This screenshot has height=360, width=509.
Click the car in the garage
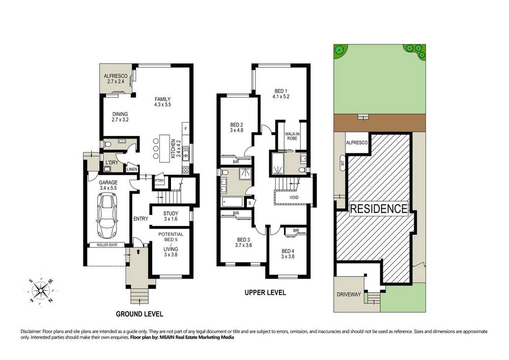(107, 216)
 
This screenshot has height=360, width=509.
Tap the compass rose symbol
(41, 291)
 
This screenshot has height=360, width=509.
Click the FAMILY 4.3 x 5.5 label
(163, 102)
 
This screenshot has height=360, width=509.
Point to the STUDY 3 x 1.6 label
(170, 216)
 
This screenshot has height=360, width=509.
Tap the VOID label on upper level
(294, 198)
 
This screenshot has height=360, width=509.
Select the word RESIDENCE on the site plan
(379, 208)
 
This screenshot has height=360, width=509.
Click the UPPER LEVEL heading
(265, 293)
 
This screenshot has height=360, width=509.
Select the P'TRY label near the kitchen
(159, 180)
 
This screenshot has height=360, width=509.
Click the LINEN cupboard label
(131, 169)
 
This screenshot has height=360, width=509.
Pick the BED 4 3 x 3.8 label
(288, 254)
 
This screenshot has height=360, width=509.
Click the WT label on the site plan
(341, 164)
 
